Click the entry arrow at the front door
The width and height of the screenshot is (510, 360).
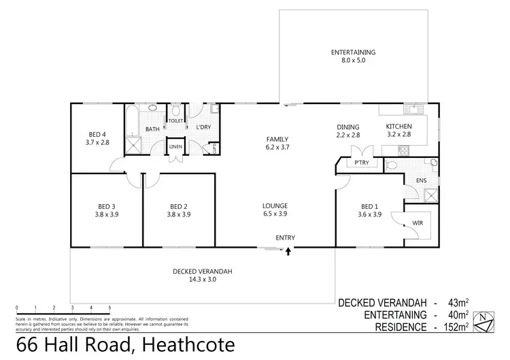tap(288, 251)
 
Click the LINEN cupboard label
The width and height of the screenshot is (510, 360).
tap(175, 147)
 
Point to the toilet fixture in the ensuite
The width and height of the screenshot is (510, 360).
tap(390, 165)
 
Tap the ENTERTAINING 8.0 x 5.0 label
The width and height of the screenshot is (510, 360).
tap(354, 56)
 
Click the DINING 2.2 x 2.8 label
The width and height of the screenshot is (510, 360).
tap(348, 131)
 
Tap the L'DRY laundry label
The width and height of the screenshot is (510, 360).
tap(202, 127)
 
